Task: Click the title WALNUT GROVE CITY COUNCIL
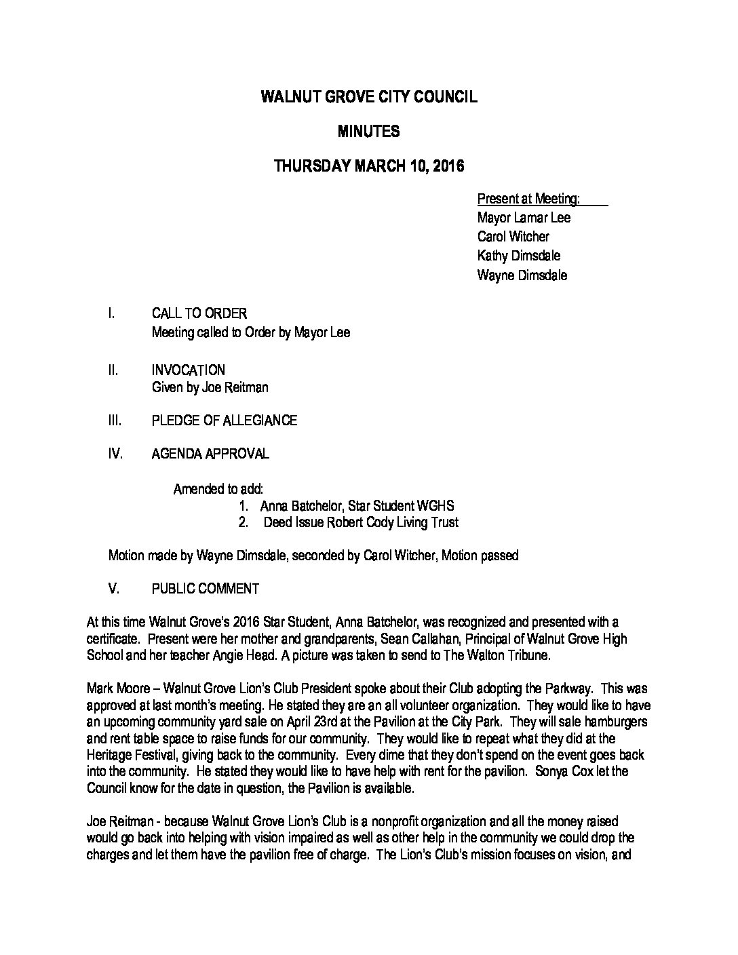click(x=368, y=97)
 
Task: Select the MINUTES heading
click(x=368, y=132)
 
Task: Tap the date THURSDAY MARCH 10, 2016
click(x=368, y=167)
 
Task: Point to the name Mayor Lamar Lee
click(x=524, y=218)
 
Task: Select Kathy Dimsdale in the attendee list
click(x=519, y=256)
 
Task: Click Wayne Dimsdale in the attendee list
click(x=522, y=275)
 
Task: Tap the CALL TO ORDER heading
click(x=199, y=313)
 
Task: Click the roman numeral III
click(x=115, y=421)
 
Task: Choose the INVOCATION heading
click(x=189, y=370)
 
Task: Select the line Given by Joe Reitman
click(x=210, y=388)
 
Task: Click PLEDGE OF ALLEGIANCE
click(x=225, y=421)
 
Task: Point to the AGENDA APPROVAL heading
click(x=210, y=454)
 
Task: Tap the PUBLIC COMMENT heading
click(x=206, y=589)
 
